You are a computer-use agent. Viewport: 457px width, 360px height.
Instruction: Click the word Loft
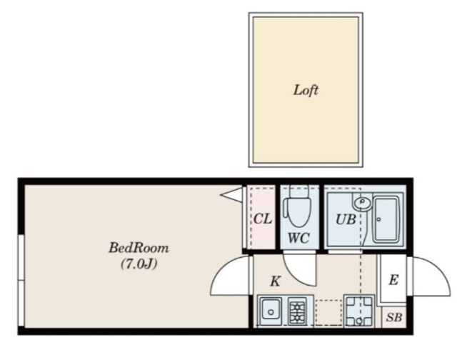(306, 90)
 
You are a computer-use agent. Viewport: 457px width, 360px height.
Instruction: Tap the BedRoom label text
(139, 248)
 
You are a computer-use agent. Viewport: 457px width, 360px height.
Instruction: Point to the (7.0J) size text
(139, 264)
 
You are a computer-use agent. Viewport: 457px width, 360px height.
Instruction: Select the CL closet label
(263, 219)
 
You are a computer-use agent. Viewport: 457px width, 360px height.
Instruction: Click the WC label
(298, 238)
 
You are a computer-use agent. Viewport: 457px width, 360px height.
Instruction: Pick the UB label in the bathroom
(346, 219)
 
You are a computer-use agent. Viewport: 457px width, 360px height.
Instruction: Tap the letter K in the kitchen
(276, 281)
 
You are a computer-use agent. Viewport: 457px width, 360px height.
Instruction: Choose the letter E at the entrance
(393, 280)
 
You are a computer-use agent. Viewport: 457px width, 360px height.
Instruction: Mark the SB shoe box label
(394, 317)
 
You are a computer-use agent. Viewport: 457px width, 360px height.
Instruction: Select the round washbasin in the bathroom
(362, 202)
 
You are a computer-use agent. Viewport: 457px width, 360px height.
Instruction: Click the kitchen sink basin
(271, 311)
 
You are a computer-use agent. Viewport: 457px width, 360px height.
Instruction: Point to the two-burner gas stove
(297, 311)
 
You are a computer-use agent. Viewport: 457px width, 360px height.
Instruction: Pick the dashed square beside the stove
(328, 312)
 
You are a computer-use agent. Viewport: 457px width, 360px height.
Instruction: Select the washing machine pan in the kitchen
(358, 311)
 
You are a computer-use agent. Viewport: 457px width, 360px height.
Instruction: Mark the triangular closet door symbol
(231, 195)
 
